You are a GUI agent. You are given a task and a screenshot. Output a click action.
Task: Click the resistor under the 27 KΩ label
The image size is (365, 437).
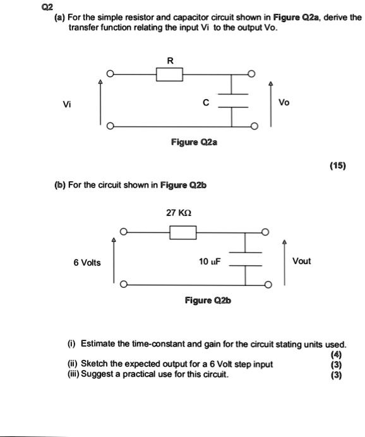183,234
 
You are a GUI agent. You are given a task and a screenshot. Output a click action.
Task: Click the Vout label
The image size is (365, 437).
301,261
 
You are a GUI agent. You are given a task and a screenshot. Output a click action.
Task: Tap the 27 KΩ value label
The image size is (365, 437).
179,213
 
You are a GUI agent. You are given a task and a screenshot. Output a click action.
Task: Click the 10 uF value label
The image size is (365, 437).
208,261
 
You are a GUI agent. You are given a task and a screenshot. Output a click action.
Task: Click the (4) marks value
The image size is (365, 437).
340,354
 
